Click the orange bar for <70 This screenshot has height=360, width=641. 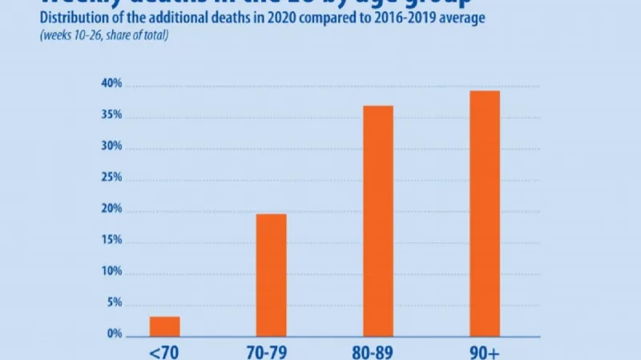pyautogui.click(x=164, y=326)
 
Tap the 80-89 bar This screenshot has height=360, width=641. pyautogui.click(x=378, y=220)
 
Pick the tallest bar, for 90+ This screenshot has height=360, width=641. pyautogui.click(x=485, y=212)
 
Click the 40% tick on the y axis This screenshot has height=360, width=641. pyautogui.click(x=111, y=84)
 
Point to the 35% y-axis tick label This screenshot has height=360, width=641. pyautogui.click(x=111, y=115)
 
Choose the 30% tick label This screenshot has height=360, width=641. pyautogui.click(x=111, y=147)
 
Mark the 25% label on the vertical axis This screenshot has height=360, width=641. pyautogui.click(x=111, y=178)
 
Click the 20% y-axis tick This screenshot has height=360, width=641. pyautogui.click(x=111, y=209)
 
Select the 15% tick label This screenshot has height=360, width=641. pyautogui.click(x=111, y=241)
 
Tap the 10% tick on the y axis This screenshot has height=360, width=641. pyautogui.click(x=111, y=272)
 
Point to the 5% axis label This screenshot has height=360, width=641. pyautogui.click(x=113, y=303)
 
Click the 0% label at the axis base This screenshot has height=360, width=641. pyautogui.click(x=113, y=334)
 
